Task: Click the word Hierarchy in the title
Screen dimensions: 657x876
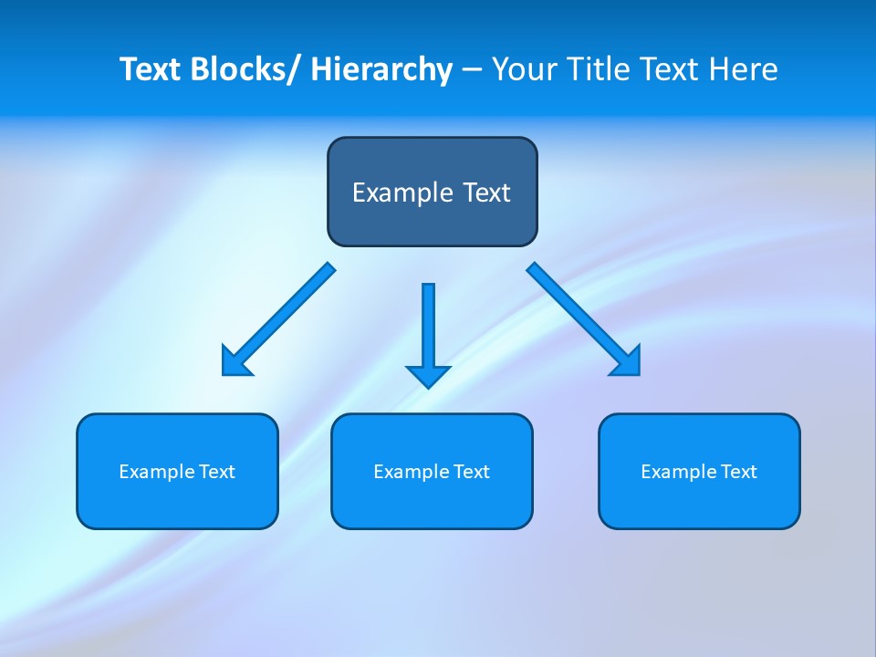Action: coord(381,69)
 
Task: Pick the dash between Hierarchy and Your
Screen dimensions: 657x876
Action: coord(472,70)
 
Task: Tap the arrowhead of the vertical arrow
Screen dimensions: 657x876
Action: coord(428,375)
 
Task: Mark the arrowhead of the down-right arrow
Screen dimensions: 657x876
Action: coord(628,362)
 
